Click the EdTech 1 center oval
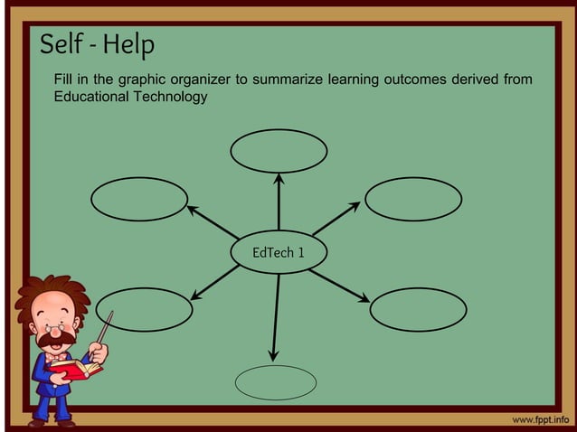tap(278, 252)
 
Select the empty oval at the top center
tap(279, 151)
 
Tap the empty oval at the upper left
tap(139, 199)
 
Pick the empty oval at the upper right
tap(414, 199)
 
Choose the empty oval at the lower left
tap(145, 309)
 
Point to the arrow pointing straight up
tap(279, 201)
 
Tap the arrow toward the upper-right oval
tap(337, 217)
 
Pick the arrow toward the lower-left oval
tap(215, 280)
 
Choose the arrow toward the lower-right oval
tap(340, 284)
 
